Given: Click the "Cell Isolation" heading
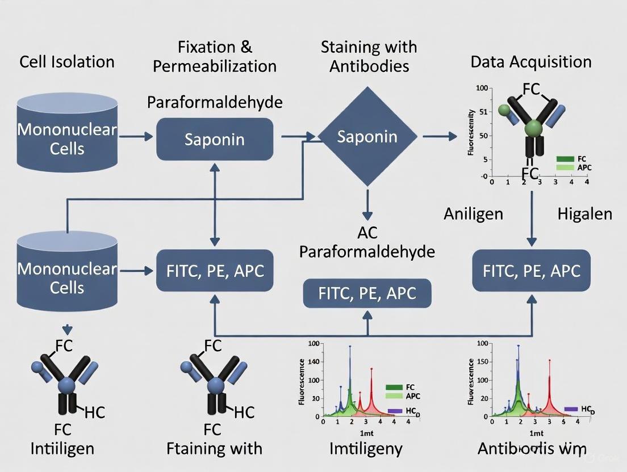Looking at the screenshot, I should point(67,61).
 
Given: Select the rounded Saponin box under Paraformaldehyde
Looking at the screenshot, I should point(215,139).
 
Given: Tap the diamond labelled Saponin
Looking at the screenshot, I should point(367,136).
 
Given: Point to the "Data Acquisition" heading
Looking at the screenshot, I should point(531,61).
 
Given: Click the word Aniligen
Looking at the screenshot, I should point(473,214).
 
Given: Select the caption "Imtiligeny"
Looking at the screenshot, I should point(366,449).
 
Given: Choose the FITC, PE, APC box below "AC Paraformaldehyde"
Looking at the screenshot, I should point(367,293).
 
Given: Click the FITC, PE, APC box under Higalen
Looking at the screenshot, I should point(532,271).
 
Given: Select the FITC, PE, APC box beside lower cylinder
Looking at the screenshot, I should point(215,271).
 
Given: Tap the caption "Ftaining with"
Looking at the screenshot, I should point(215,449).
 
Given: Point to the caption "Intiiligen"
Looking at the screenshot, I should point(62,449).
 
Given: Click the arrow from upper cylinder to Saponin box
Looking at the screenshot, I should point(136,137).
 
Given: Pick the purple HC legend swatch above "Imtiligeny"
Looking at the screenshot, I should point(396,410).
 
